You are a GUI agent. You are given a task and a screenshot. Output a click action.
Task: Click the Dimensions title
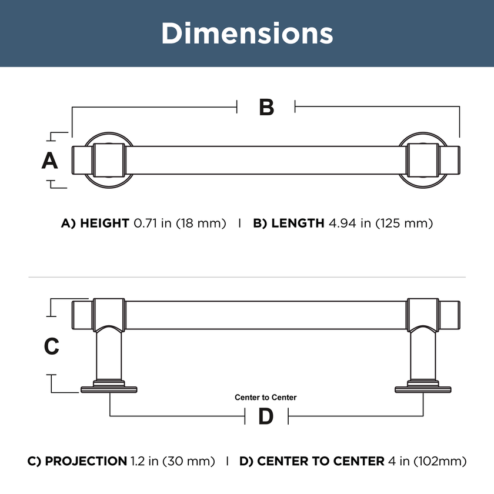click(247, 34)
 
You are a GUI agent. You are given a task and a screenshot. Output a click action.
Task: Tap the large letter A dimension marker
click(50, 160)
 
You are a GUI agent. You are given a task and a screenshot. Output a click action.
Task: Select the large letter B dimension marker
click(266, 108)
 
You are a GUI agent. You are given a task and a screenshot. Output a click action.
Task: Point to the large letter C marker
click(52, 346)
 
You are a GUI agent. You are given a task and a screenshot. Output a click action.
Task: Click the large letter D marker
click(266, 416)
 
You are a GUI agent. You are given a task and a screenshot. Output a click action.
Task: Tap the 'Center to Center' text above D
click(266, 398)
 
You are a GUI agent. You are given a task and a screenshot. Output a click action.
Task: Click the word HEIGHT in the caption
click(105, 223)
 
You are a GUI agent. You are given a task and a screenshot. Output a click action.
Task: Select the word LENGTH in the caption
click(298, 223)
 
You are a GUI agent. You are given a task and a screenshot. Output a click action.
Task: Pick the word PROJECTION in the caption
click(86, 461)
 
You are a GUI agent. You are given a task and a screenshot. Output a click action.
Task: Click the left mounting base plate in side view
click(109, 388)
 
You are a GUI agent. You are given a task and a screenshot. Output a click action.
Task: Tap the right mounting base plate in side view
click(423, 388)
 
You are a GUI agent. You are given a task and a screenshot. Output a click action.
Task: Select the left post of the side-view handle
click(109, 353)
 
